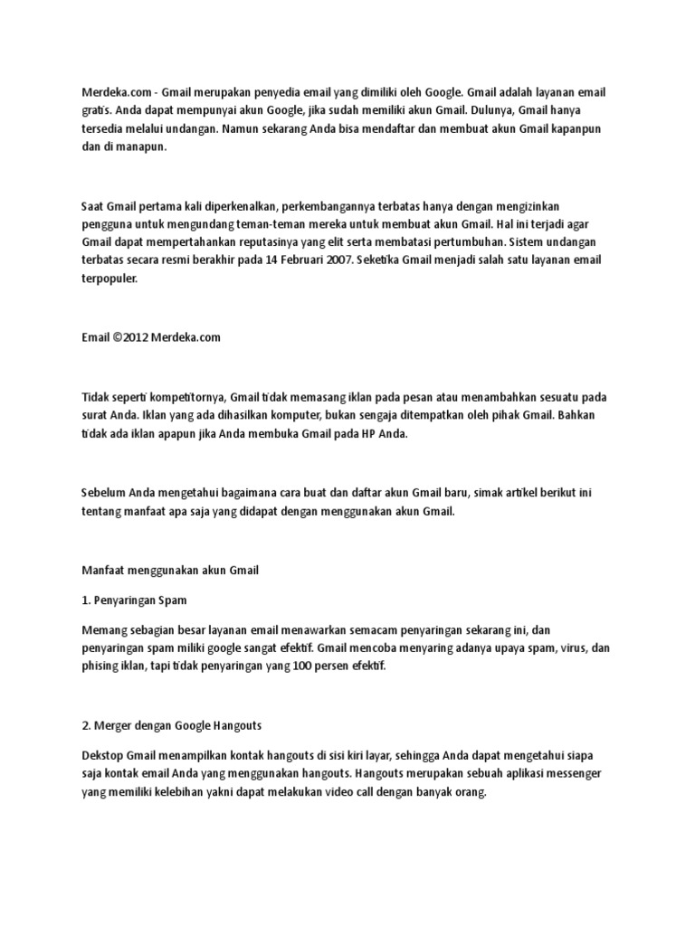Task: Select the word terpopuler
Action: point(110,279)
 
